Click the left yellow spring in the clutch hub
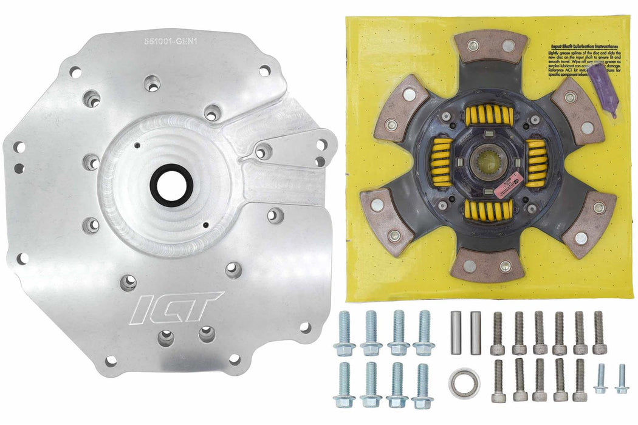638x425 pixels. pyautogui.click(x=442, y=161)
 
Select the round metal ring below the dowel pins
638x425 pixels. pyautogui.click(x=464, y=381)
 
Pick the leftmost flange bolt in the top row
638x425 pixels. pyautogui.click(x=344, y=333)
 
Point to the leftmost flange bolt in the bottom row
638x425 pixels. pyautogui.click(x=344, y=384)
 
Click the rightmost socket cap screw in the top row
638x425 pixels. pyautogui.click(x=599, y=333)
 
